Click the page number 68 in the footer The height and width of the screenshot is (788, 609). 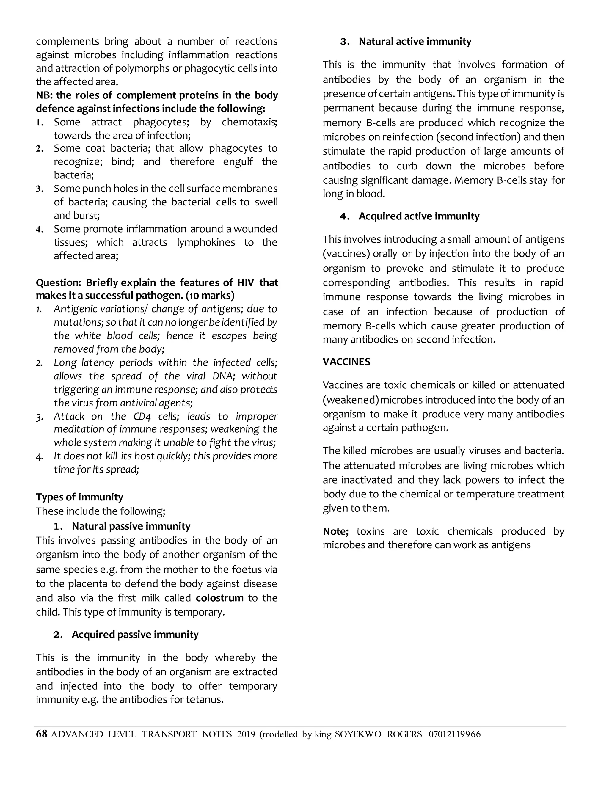[42, 734]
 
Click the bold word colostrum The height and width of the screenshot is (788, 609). [219, 598]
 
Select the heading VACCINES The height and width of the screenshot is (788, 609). [346, 362]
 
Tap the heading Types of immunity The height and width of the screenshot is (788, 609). [79, 497]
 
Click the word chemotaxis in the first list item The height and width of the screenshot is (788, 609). [249, 122]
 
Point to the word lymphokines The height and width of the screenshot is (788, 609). [206, 242]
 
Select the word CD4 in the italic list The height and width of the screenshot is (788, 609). [142, 416]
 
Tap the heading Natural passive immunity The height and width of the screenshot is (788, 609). [131, 526]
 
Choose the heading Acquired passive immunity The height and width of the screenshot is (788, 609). [135, 634]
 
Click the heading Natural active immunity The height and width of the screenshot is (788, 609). [415, 42]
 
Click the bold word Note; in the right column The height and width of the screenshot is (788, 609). [335, 531]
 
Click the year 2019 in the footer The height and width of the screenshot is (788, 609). [246, 734]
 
